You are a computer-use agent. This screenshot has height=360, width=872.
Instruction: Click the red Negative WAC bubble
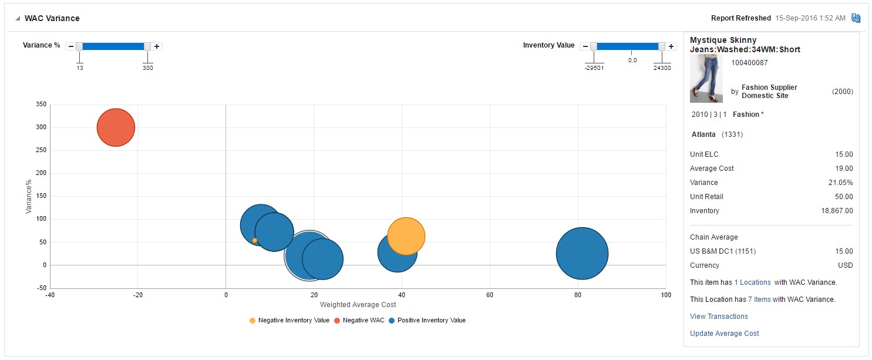[116, 127]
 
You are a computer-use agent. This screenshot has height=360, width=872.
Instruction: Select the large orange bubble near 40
[406, 235]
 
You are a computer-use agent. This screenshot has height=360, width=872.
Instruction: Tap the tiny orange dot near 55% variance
[254, 240]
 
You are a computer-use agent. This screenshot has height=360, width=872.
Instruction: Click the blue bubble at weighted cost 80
[581, 253]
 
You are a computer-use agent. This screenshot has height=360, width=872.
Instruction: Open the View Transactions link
[719, 317]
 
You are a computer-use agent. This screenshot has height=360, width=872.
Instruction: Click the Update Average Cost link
[724, 334]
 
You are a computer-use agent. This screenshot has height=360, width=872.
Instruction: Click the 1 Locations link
[752, 282]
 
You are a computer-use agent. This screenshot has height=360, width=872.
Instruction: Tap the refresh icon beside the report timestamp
[856, 18]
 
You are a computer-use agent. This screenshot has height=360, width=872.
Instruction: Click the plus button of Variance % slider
[157, 46]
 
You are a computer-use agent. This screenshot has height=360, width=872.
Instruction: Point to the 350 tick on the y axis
[41, 105]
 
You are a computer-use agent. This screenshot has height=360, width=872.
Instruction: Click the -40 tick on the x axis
[50, 295]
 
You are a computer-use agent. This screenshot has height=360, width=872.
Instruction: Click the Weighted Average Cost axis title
[358, 305]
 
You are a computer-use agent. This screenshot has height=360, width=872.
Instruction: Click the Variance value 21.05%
[840, 183]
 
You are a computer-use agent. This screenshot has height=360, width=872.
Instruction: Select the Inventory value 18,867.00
[837, 211]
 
